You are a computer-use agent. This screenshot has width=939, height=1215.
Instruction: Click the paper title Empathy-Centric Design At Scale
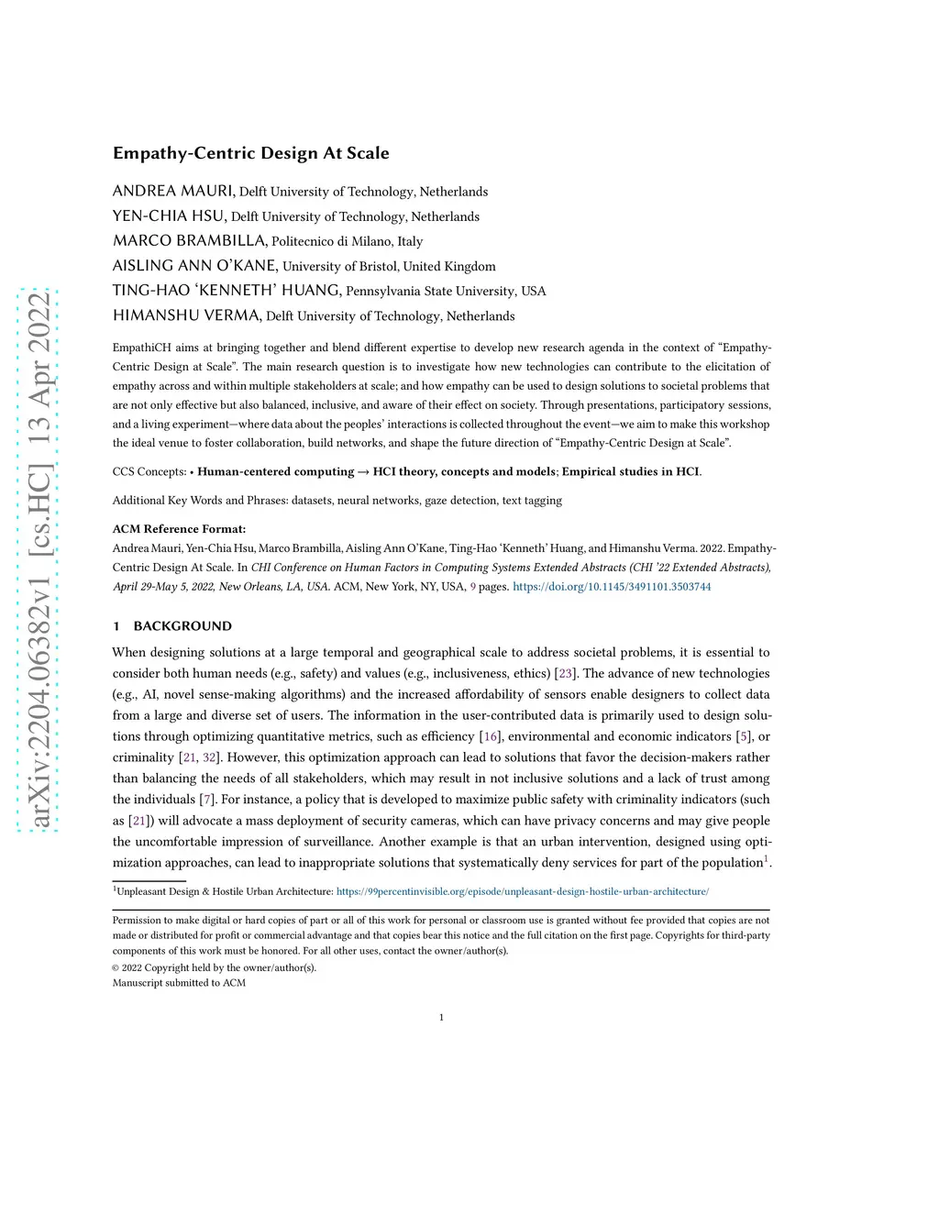click(250, 153)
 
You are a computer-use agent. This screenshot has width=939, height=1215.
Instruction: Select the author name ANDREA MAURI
click(173, 191)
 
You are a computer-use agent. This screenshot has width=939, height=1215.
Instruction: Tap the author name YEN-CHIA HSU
click(169, 216)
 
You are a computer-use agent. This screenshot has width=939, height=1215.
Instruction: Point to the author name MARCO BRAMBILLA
click(189, 241)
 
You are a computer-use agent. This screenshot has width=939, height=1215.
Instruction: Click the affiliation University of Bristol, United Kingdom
click(389, 267)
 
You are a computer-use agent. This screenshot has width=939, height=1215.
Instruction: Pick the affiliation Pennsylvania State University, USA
click(446, 292)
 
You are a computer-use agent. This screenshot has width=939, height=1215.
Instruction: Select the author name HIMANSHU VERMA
click(186, 316)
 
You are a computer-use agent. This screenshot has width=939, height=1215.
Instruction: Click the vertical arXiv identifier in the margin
click(39, 559)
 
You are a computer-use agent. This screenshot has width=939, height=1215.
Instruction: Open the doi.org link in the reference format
click(612, 587)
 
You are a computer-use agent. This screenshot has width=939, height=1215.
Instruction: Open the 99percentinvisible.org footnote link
click(522, 891)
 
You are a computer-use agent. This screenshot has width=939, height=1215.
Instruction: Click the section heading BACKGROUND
click(182, 626)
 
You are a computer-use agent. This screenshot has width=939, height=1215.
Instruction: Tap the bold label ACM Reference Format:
click(179, 529)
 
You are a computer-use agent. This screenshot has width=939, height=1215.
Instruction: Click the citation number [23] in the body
click(565, 674)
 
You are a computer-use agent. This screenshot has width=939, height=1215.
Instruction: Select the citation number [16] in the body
click(491, 736)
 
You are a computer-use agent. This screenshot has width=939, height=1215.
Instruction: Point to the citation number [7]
click(208, 800)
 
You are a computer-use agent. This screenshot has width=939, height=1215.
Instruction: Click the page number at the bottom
click(441, 1017)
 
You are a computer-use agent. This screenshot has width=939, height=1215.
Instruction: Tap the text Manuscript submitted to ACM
click(179, 983)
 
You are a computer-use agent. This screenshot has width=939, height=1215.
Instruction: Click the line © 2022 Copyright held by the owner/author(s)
click(214, 967)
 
